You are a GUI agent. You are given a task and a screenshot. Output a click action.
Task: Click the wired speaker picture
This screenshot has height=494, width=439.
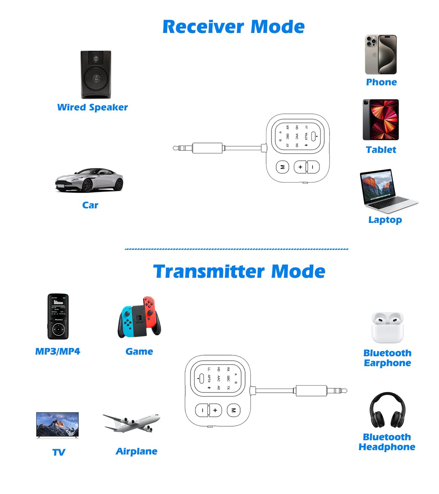pyautogui.click(x=96, y=74)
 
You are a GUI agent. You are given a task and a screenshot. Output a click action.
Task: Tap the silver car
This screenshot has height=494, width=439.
pyautogui.click(x=89, y=180)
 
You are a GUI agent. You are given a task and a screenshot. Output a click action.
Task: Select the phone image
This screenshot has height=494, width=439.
pyautogui.click(x=381, y=55)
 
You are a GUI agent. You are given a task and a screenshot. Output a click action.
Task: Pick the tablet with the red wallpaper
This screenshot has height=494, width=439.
pyautogui.click(x=381, y=119)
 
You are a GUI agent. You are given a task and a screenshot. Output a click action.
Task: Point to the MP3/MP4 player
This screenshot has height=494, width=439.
pyautogui.click(x=58, y=316)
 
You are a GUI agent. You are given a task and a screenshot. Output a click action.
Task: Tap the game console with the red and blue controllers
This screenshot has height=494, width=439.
pyautogui.click(x=139, y=317)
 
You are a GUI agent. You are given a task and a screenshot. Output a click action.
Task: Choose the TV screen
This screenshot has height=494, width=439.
pyautogui.click(x=57, y=425)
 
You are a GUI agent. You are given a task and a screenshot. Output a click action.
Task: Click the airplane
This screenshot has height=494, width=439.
pyautogui.click(x=132, y=423)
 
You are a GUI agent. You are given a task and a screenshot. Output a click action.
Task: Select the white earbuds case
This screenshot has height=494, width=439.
pyautogui.click(x=387, y=328)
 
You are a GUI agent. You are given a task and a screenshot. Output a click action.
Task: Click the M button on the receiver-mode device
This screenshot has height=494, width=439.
pyautogui.click(x=282, y=167)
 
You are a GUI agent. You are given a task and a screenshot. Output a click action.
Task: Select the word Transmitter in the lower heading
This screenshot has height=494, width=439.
pyautogui.click(x=209, y=272)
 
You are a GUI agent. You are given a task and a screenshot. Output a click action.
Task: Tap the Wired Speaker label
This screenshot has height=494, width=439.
pyautogui.click(x=92, y=107)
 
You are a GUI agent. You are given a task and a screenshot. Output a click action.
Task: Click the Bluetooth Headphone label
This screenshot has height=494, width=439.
pyautogui.click(x=387, y=442)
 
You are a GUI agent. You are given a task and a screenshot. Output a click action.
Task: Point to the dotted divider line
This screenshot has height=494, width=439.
pyautogui.click(x=236, y=249)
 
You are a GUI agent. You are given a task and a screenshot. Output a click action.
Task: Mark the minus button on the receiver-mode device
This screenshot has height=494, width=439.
pyautogui.click(x=313, y=167)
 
